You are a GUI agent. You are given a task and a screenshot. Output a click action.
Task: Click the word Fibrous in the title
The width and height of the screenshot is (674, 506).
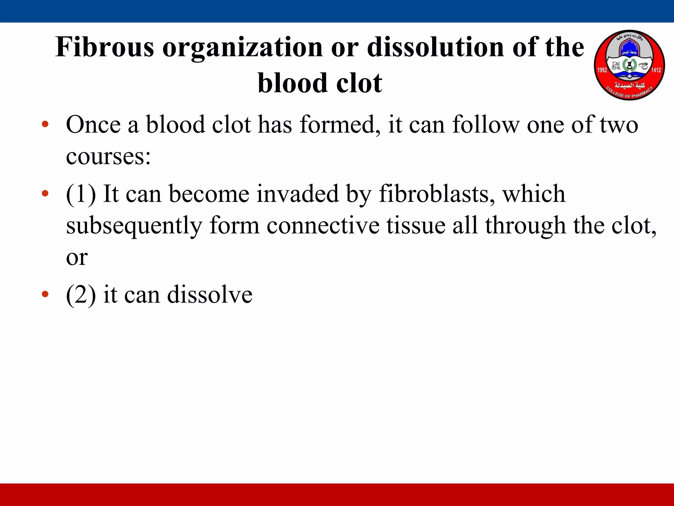pyautogui.click(x=105, y=47)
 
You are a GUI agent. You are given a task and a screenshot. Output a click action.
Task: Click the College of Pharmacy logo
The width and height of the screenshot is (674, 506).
pyautogui.click(x=629, y=65)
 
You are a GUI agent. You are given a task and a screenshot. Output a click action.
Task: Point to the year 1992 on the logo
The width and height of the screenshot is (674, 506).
pyautogui.click(x=602, y=70)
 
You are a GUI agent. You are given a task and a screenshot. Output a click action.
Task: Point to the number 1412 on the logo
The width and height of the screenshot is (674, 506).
pyautogui.click(x=656, y=70)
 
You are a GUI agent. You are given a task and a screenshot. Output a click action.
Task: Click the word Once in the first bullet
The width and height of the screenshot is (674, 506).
pyautogui.click(x=93, y=125)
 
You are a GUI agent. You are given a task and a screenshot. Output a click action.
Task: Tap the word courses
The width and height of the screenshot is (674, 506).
pyautogui.click(x=108, y=156)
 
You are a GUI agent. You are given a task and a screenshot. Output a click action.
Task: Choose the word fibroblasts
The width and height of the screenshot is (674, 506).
pyautogui.click(x=436, y=194)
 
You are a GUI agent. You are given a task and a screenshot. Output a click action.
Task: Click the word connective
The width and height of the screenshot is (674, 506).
pyautogui.click(x=323, y=226)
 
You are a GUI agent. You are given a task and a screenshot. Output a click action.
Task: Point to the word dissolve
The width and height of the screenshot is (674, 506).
pyautogui.click(x=210, y=294)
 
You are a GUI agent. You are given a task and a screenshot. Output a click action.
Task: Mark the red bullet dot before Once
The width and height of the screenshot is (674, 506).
pyautogui.click(x=45, y=125)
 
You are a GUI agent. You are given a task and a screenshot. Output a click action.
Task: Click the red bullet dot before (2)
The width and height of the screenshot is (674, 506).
pyautogui.click(x=45, y=294)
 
